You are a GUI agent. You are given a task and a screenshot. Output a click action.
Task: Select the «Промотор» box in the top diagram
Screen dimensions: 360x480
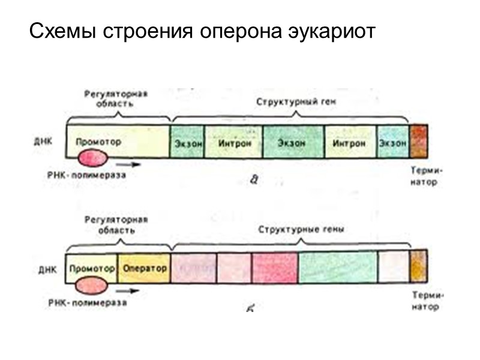point(98,142)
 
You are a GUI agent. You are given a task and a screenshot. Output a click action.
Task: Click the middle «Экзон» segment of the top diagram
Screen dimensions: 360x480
point(292,143)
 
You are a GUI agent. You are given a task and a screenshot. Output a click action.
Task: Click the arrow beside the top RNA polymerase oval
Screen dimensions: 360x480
point(127,163)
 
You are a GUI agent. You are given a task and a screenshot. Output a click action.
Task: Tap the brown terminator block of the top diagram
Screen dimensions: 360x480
point(418,142)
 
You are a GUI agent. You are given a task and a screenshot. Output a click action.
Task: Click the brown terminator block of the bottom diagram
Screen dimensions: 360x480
point(418,266)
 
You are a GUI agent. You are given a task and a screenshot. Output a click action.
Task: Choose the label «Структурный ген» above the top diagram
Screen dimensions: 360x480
point(296,103)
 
